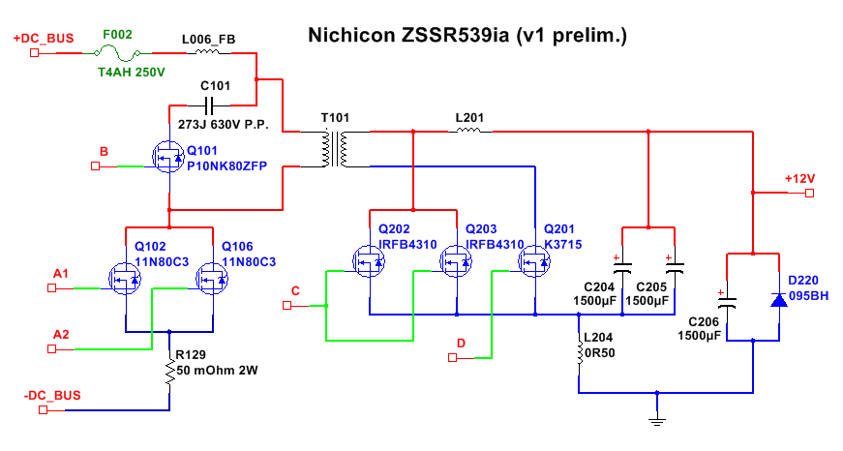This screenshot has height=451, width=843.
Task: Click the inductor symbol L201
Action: (x=470, y=133)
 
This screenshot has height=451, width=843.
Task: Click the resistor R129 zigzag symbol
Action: (x=170, y=371)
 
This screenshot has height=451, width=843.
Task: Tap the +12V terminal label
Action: (x=800, y=179)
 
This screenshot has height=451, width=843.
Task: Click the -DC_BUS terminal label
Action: (x=52, y=396)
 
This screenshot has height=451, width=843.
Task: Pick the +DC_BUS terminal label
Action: (x=44, y=39)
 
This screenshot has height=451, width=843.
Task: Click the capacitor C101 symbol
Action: (x=216, y=105)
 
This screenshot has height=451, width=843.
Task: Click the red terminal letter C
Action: (x=296, y=290)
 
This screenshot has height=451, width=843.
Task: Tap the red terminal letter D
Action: (x=462, y=343)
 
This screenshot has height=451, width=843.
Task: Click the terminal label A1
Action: (x=60, y=274)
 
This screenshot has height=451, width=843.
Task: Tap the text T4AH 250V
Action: (x=132, y=72)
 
